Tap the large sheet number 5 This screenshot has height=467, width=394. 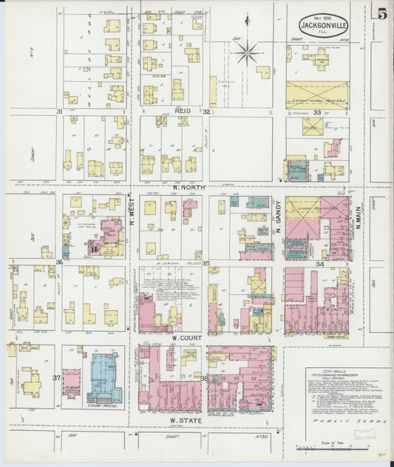(x=381, y=13)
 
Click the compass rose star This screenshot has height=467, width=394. (x=248, y=52)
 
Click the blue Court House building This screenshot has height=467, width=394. (x=105, y=377)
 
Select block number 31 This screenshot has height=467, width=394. (x=58, y=111)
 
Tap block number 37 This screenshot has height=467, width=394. (x=55, y=377)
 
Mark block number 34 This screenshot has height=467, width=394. (x=319, y=262)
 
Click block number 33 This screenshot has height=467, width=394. (x=316, y=112)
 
